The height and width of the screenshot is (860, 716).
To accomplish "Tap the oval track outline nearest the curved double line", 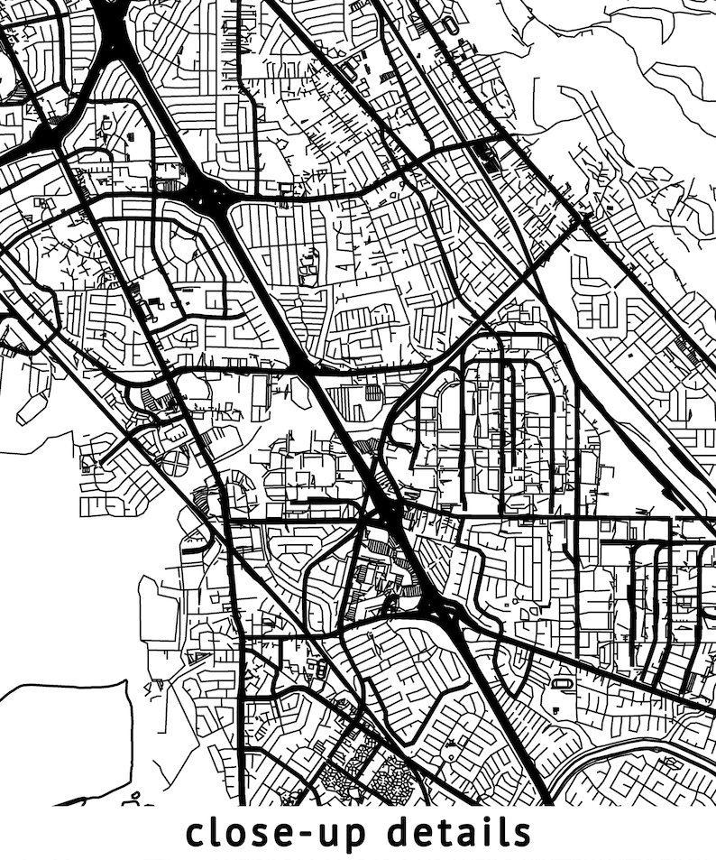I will click(x=564, y=684).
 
